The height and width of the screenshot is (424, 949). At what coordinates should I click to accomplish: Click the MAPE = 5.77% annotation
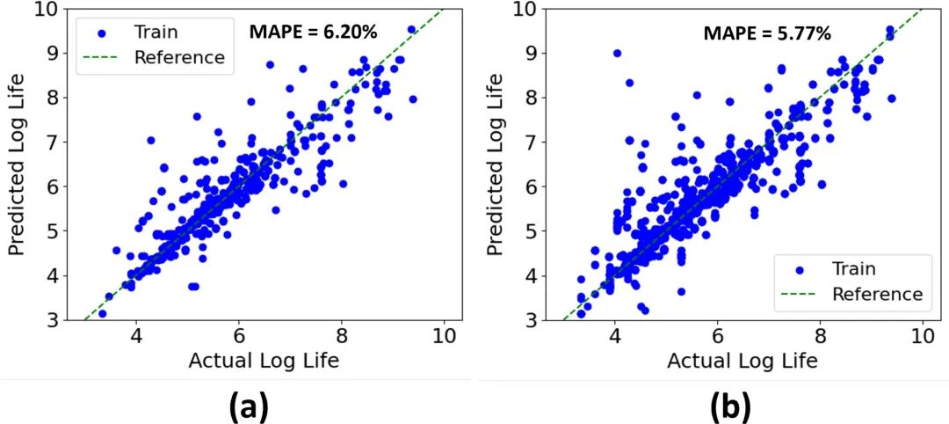tap(767, 33)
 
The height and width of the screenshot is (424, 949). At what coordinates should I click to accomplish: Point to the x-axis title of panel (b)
tap(743, 361)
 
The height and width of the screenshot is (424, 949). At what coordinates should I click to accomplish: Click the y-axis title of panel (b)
tap(496, 165)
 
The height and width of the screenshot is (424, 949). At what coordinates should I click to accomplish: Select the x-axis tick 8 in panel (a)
tap(341, 337)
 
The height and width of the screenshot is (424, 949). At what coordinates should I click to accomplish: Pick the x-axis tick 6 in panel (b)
tap(717, 337)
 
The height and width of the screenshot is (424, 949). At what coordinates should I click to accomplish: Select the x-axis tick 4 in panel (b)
tap(614, 337)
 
